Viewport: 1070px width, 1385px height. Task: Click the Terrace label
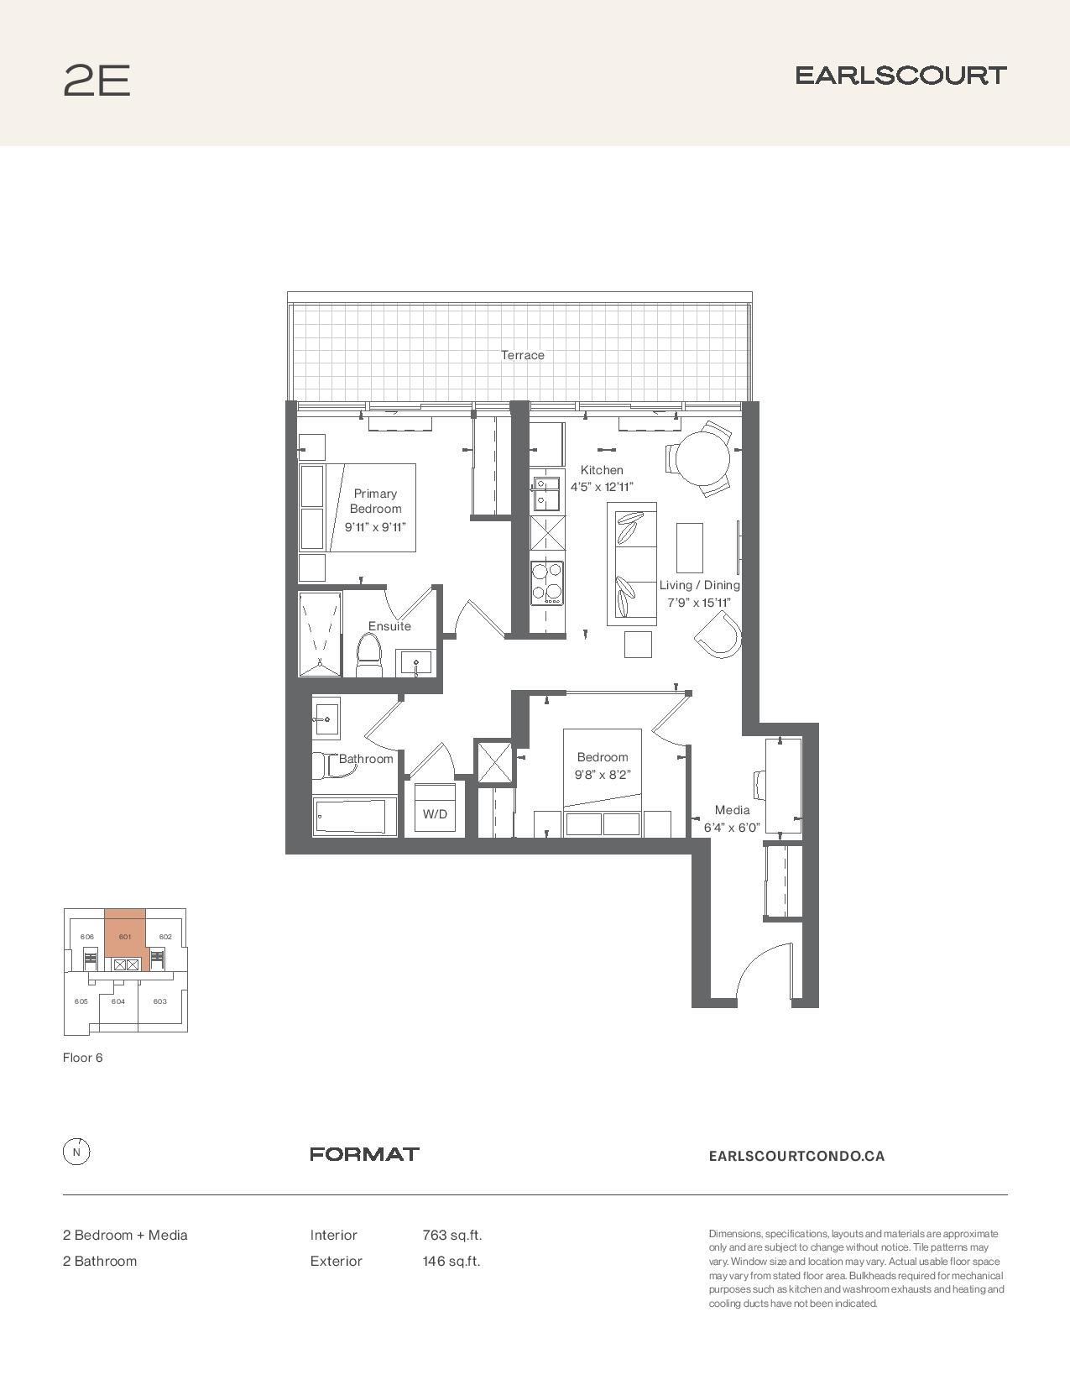point(523,355)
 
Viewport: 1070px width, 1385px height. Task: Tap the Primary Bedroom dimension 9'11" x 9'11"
point(375,527)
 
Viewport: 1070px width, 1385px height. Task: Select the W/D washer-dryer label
point(435,814)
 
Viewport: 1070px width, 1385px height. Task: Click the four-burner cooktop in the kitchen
point(547,583)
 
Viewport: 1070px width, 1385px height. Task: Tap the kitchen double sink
point(546,494)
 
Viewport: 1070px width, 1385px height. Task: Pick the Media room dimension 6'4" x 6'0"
point(732,828)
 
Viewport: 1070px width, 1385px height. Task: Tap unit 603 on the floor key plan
point(160,1001)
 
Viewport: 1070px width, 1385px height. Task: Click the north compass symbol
point(76,1152)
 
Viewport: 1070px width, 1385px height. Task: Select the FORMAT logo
point(364,1153)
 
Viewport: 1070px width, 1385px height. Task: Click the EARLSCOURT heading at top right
point(901,76)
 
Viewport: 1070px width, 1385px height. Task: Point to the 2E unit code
point(97,81)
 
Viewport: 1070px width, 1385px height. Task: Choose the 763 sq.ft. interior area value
point(451,1235)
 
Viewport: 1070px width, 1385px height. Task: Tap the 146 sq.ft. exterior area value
point(451,1261)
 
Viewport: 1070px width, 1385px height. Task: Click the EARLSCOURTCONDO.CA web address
point(796,1156)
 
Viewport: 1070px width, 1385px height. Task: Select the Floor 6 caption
point(83,1058)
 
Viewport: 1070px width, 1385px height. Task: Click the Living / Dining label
point(700,584)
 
